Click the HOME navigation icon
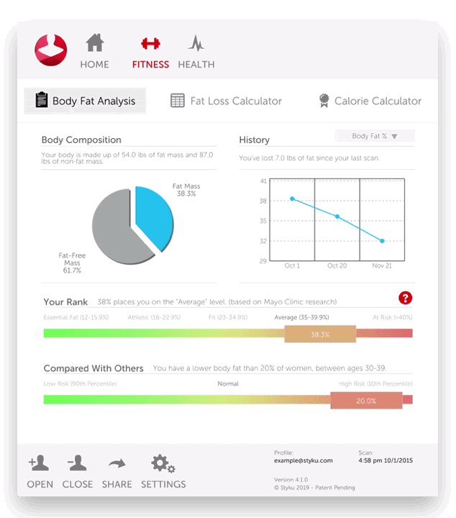[x=94, y=44]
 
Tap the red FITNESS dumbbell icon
[x=150, y=44]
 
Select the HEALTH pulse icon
[x=196, y=44]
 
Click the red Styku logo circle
[x=51, y=50]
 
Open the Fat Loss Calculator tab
[x=227, y=101]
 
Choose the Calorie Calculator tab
[x=370, y=101]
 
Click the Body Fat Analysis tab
[x=85, y=101]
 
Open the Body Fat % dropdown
[x=375, y=136]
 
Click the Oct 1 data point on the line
[x=292, y=199]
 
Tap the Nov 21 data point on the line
[x=382, y=240]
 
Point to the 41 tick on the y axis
[x=263, y=181]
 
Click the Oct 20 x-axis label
[x=337, y=265]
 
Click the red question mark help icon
[x=405, y=298]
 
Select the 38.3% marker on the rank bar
[x=320, y=334]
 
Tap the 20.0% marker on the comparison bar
[x=366, y=401]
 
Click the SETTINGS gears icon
[x=163, y=464]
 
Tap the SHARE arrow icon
[x=117, y=464]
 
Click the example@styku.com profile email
[x=303, y=460]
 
